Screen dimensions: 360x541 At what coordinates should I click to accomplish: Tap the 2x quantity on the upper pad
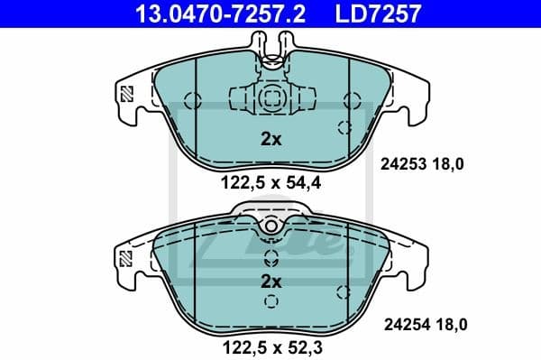270,139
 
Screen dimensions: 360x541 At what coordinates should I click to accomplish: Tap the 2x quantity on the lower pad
270,282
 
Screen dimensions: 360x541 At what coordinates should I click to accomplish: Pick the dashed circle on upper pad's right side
342,126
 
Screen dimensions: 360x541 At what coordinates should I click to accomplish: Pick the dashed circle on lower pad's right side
342,291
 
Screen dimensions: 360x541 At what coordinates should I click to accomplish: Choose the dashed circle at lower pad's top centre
270,224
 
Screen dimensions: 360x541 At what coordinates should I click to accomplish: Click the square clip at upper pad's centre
270,99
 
